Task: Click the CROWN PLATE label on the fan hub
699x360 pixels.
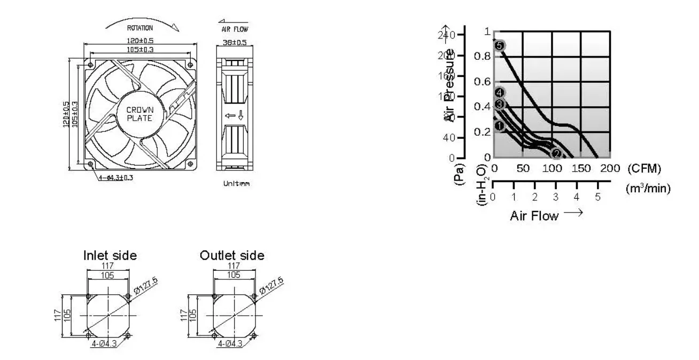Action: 139,114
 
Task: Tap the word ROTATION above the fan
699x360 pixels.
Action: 139,28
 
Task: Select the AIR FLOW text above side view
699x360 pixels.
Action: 235,29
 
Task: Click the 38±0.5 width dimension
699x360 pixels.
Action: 235,42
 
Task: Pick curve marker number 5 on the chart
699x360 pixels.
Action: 500,46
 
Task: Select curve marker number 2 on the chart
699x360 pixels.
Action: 556,154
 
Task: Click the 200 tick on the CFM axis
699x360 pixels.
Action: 610,169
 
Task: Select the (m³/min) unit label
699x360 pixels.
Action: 648,189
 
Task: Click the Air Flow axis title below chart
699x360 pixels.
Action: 534,216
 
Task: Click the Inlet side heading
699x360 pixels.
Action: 110,255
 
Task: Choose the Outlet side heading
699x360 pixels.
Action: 232,255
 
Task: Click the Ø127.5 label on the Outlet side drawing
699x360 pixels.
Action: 272,287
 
